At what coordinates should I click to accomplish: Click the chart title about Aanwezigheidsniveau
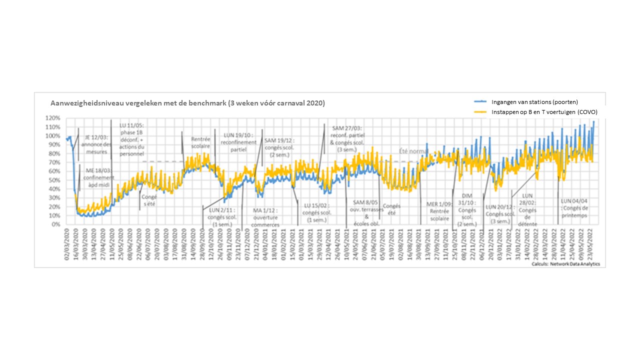point(187,103)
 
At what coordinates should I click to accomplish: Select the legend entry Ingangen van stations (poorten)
point(534,101)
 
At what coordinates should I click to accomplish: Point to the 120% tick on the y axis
point(52,118)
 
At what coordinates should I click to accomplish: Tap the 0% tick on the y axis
point(55,224)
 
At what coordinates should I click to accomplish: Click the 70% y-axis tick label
point(54,162)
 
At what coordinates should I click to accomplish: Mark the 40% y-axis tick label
point(54,189)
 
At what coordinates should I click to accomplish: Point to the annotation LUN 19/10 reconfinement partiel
point(238,142)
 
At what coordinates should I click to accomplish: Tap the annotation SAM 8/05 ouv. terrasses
point(365,212)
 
